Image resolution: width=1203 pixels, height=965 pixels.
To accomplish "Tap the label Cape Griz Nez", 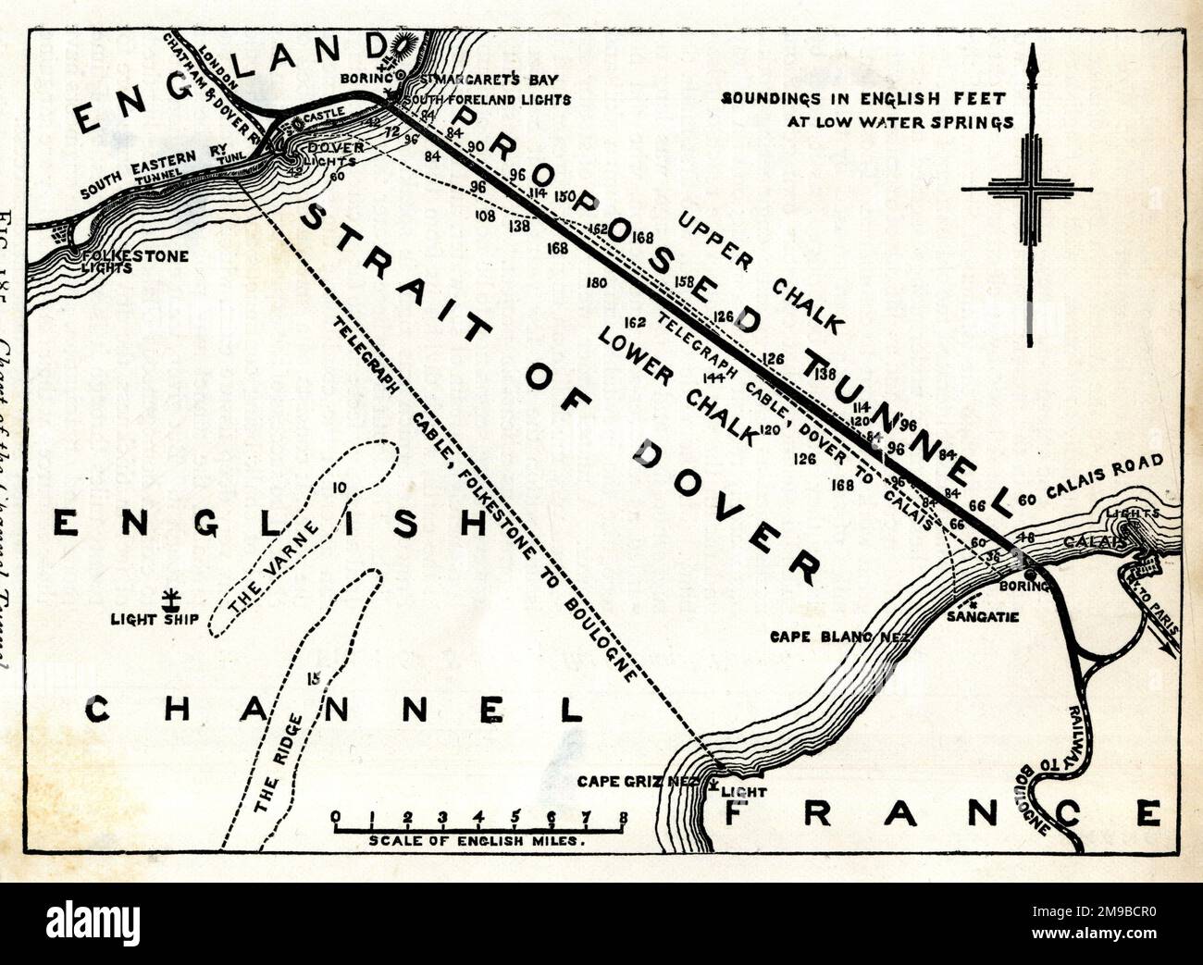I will pyautogui.click(x=636, y=781).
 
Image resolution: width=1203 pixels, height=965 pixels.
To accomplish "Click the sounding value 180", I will pyautogui.click(x=597, y=283).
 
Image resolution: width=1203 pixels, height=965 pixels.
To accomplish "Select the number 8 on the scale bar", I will pyautogui.click(x=626, y=817).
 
